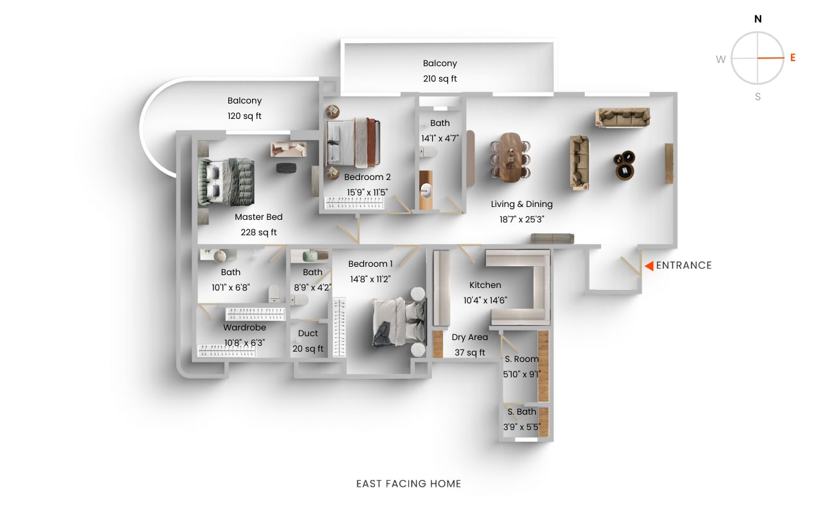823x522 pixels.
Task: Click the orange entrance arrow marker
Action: pyautogui.click(x=649, y=265)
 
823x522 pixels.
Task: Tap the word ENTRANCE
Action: pyautogui.click(x=683, y=265)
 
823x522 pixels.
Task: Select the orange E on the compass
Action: pyautogui.click(x=793, y=58)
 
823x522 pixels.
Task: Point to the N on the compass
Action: pyautogui.click(x=758, y=19)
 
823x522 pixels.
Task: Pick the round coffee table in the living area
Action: pyautogui.click(x=624, y=166)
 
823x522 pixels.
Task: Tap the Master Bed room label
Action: pyautogui.click(x=258, y=217)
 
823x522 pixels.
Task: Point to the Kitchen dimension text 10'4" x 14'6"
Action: pyautogui.click(x=485, y=300)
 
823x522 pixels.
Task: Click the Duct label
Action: pyautogui.click(x=308, y=334)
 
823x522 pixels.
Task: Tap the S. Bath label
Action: pyautogui.click(x=521, y=412)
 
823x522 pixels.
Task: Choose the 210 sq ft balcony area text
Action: pyautogui.click(x=440, y=79)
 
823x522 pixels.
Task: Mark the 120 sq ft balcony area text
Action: pyautogui.click(x=244, y=116)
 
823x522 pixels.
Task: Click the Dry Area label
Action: pyautogui.click(x=469, y=337)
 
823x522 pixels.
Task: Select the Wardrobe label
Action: pyautogui.click(x=244, y=328)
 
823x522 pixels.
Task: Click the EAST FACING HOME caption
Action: pyautogui.click(x=409, y=484)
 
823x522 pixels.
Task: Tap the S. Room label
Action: pyautogui.click(x=521, y=359)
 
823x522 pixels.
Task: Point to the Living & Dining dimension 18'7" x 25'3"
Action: pyautogui.click(x=521, y=220)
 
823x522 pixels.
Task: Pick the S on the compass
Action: pyautogui.click(x=758, y=97)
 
